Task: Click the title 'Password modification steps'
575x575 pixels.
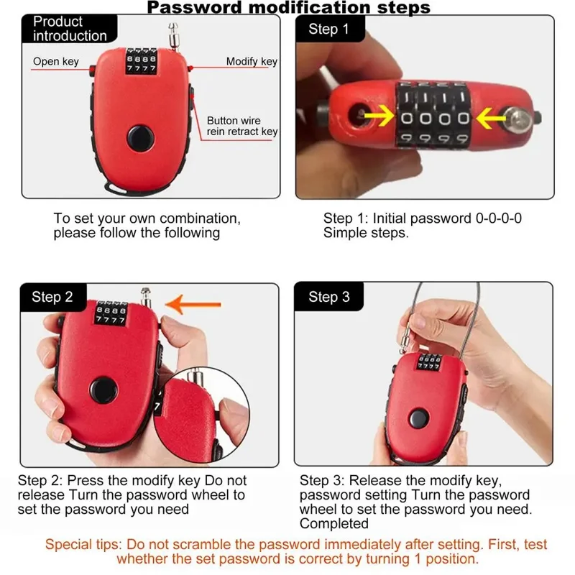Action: click(288, 8)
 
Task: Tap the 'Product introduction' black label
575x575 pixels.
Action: click(69, 29)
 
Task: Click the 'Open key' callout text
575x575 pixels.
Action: click(55, 62)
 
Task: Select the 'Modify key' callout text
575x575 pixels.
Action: click(252, 62)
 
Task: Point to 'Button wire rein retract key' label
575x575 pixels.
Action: click(242, 126)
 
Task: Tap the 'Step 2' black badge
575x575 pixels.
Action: click(52, 297)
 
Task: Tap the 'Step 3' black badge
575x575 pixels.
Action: click(329, 297)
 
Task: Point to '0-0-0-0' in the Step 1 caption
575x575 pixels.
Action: click(495, 218)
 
